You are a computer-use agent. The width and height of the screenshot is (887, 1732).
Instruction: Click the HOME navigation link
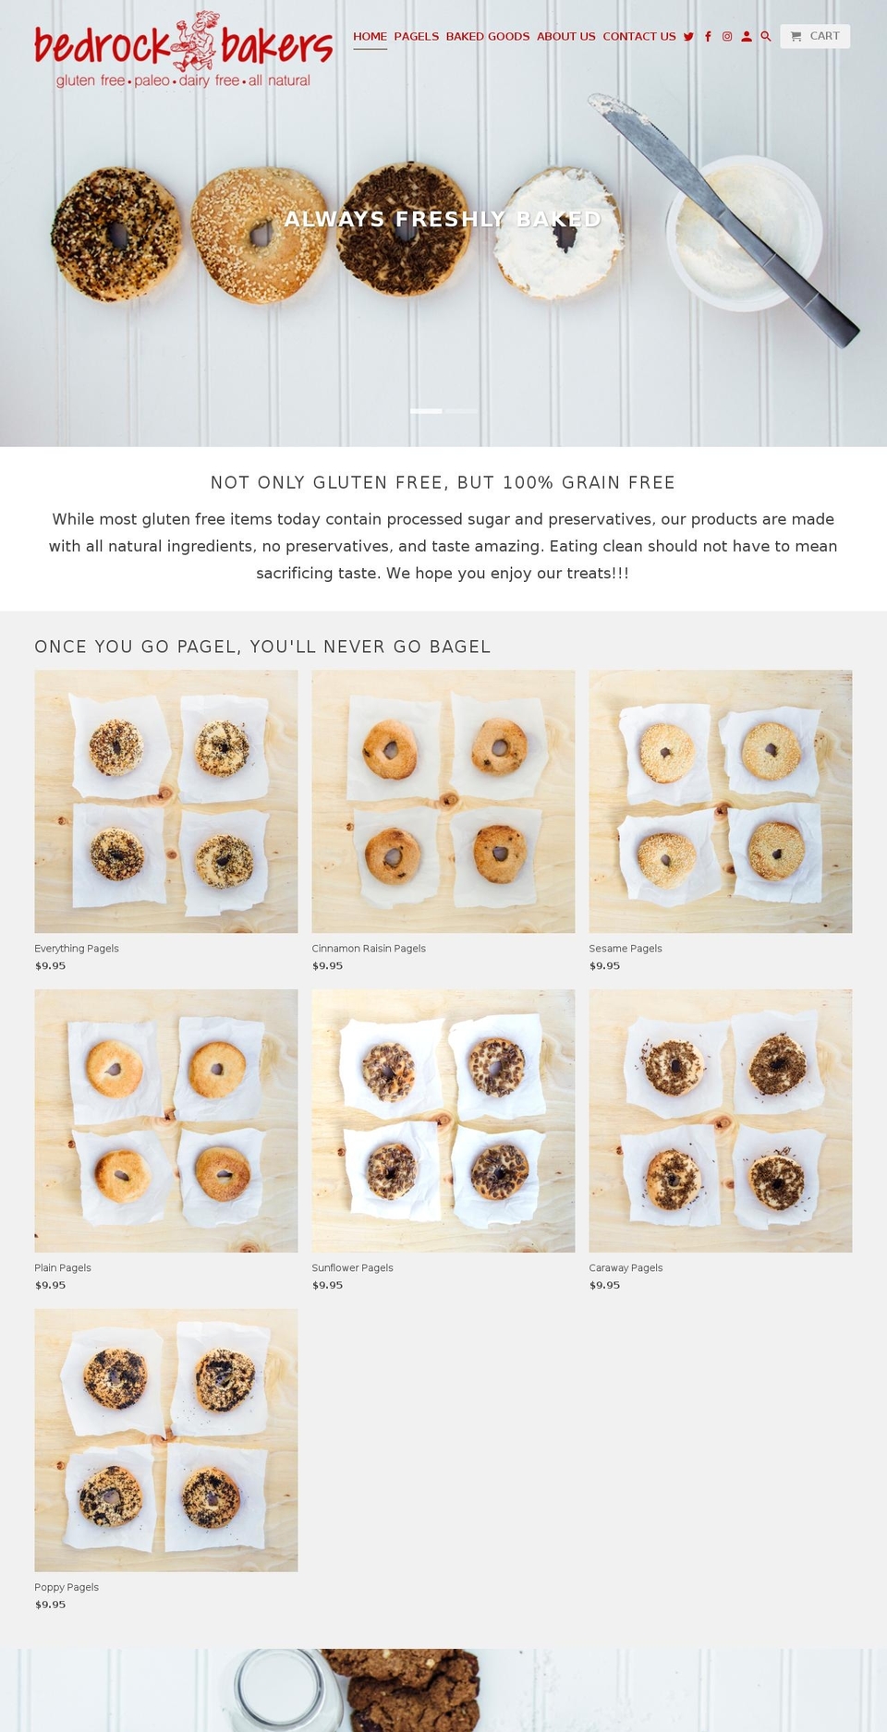370,37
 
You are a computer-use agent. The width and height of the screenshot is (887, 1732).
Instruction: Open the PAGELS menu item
417,37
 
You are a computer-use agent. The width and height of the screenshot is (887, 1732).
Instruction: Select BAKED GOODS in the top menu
488,37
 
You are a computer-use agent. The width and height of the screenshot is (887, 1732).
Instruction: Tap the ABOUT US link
566,37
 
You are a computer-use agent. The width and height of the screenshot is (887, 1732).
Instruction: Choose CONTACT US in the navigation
639,37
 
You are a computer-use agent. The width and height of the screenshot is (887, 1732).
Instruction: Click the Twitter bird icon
688,37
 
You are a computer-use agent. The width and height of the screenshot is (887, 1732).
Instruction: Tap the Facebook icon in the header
708,37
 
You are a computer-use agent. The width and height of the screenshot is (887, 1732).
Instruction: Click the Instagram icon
727,37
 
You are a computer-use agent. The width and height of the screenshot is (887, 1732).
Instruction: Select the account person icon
747,37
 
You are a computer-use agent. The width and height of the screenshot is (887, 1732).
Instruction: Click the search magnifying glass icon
766,37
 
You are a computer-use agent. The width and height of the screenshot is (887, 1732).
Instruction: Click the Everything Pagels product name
77,949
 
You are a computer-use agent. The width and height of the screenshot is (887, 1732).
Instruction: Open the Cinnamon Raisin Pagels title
369,949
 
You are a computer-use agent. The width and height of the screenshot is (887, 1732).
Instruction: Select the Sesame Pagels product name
626,949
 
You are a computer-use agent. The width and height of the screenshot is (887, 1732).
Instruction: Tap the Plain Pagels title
63,1268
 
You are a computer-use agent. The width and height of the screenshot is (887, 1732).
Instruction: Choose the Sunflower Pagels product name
352,1268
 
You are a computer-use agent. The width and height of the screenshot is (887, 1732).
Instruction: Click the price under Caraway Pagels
604,1285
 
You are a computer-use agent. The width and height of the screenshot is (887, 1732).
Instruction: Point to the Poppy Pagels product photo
166,1440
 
